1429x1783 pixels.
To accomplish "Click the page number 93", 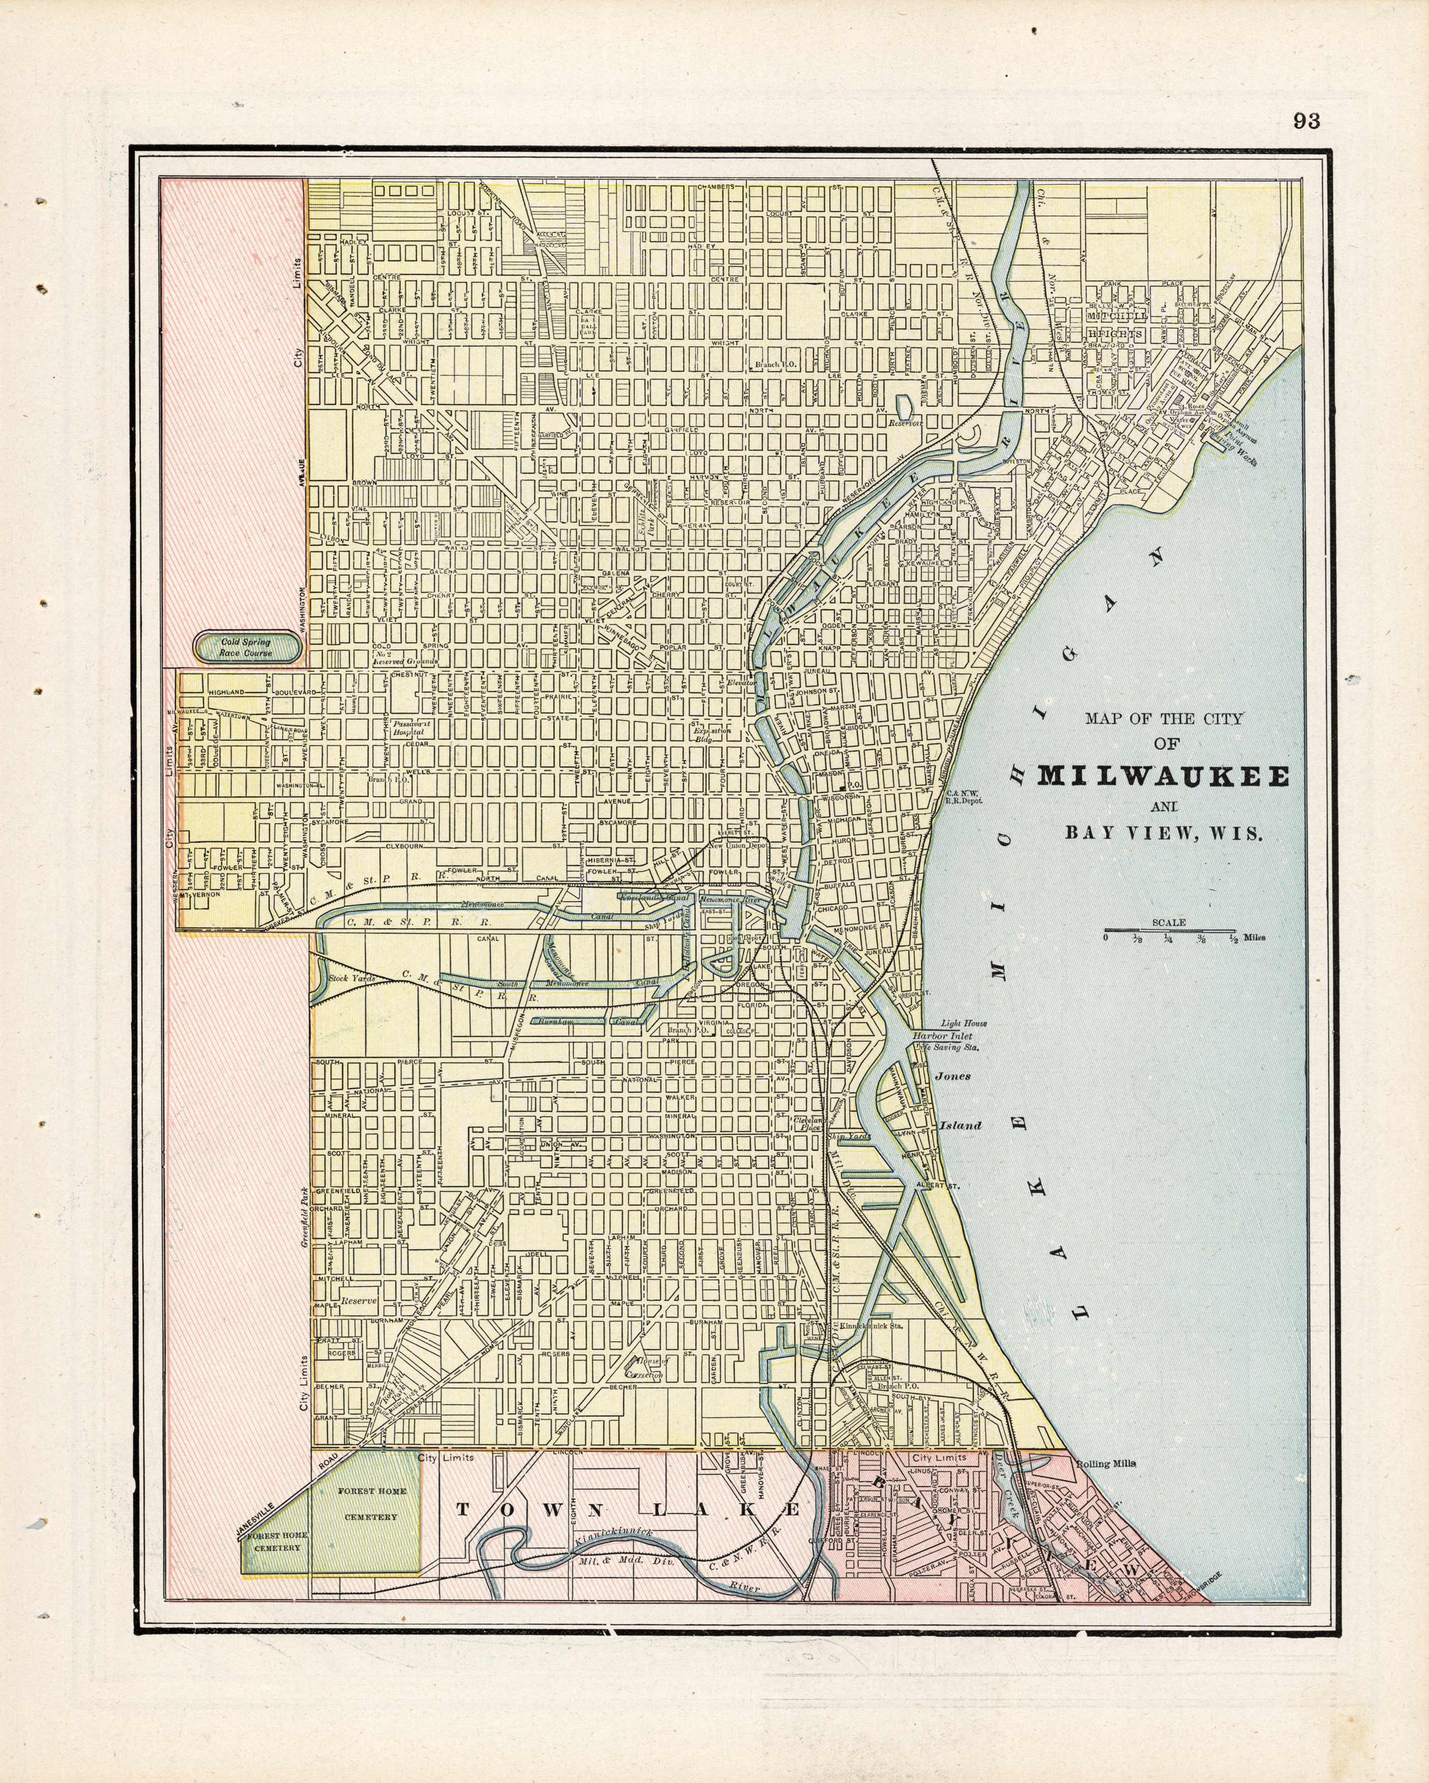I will [x=1307, y=122].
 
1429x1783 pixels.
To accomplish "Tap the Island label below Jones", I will [x=959, y=1125].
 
